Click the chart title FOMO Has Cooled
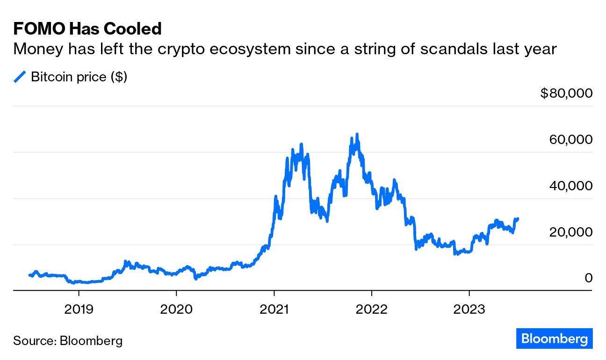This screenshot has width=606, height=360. pyautogui.click(x=87, y=29)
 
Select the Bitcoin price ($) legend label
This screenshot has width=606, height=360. pyautogui.click(x=79, y=77)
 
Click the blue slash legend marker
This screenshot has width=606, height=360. pyautogui.click(x=20, y=77)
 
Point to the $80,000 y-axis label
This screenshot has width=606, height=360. pyautogui.click(x=566, y=94)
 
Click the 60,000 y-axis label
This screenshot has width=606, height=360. pyautogui.click(x=570, y=140)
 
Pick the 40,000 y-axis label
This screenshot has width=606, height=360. pyautogui.click(x=570, y=186)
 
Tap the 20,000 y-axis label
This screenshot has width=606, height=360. pyautogui.click(x=570, y=232)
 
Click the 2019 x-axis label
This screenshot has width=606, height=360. pyautogui.click(x=79, y=310)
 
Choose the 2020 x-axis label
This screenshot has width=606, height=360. pyautogui.click(x=176, y=310)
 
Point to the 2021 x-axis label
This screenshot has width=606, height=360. pyautogui.click(x=274, y=310)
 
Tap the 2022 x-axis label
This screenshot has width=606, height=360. pyautogui.click(x=371, y=310)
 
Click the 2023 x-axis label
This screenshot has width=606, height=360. pyautogui.click(x=469, y=310)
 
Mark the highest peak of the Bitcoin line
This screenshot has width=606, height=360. pyautogui.click(x=357, y=135)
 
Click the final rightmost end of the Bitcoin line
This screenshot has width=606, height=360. pyautogui.click(x=518, y=218)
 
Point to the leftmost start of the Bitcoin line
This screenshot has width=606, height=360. pyautogui.click(x=29, y=275)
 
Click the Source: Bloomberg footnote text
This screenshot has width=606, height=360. pyautogui.click(x=68, y=340)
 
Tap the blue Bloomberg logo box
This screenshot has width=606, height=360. pyautogui.click(x=555, y=338)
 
